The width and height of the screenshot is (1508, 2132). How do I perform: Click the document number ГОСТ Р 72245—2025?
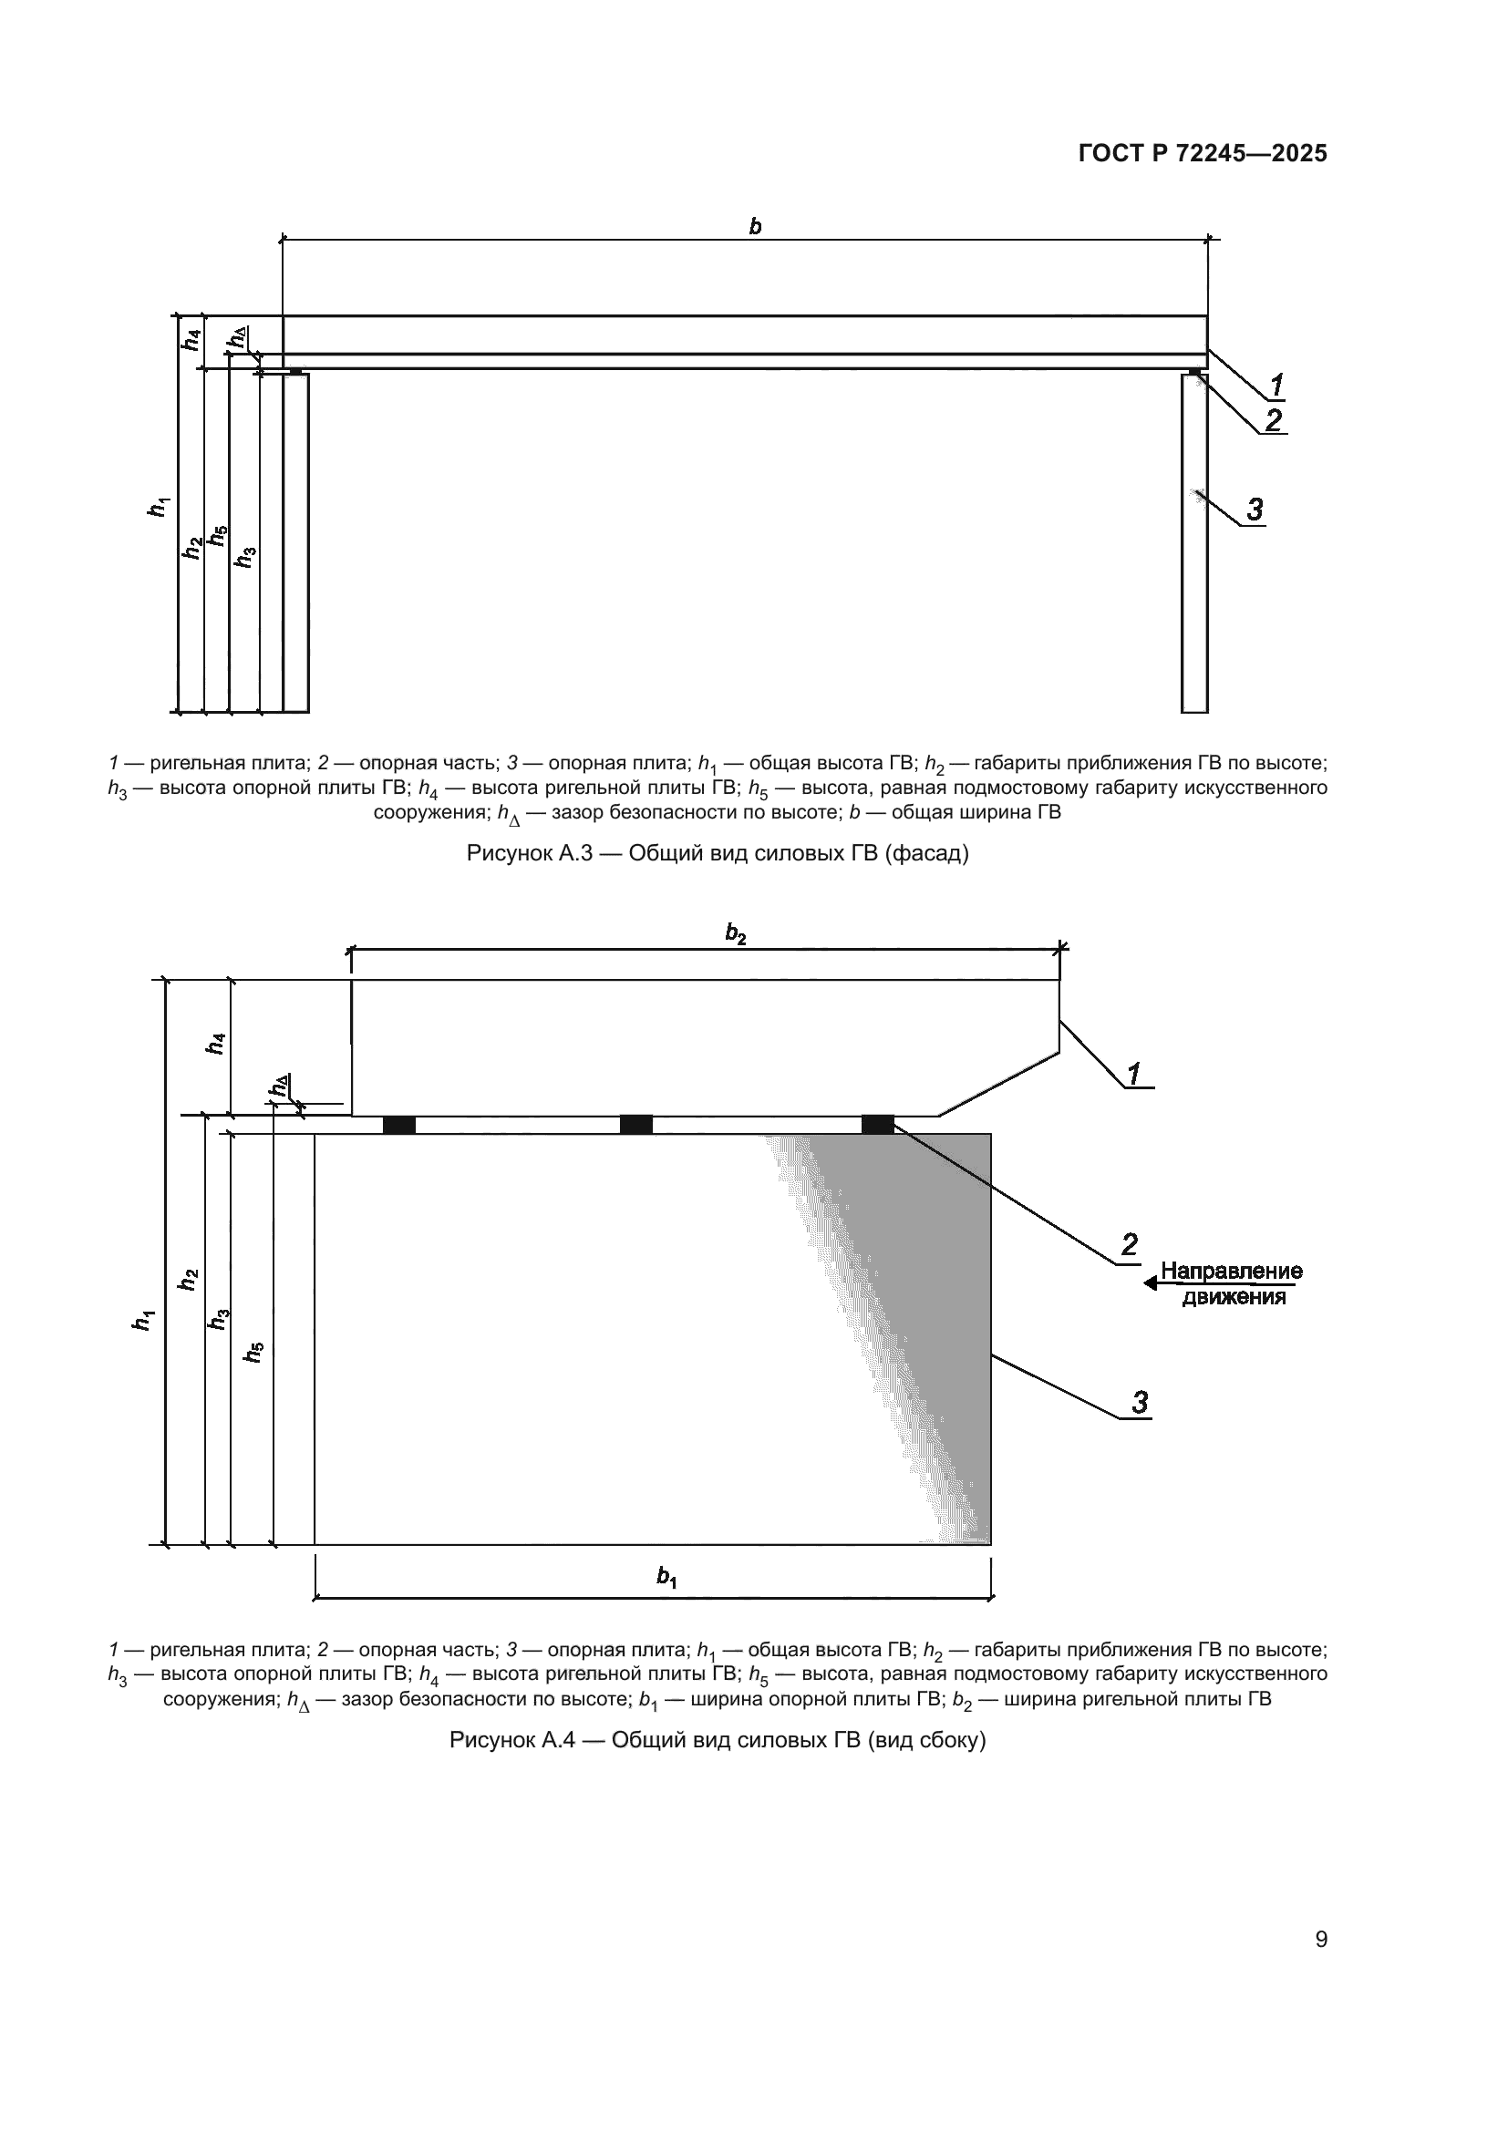coord(1203,153)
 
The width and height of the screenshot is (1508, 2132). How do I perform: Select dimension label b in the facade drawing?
coord(755,226)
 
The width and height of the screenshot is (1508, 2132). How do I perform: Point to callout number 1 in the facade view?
coord(1276,384)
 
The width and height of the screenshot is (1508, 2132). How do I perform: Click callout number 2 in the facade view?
coord(1273,420)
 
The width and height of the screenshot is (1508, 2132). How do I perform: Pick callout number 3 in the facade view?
coord(1255,509)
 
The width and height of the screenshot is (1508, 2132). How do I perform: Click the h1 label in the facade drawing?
coord(160,507)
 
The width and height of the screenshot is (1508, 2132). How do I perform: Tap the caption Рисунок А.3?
coord(717,852)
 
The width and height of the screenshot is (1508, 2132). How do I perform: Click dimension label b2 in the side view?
coord(736,933)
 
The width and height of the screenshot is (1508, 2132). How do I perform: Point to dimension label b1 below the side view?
coord(666,1576)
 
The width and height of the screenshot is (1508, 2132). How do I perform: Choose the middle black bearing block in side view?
coord(636,1125)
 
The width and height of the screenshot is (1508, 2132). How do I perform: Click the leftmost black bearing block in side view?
coord(399,1125)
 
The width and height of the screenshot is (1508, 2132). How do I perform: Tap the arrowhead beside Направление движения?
coord(1151,1283)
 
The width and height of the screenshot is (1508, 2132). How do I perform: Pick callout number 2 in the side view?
coord(1129,1245)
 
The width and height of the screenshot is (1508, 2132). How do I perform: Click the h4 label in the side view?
coord(215,1045)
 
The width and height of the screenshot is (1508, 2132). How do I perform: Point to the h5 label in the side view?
coord(253,1353)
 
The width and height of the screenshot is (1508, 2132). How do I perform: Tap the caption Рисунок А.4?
coord(717,1740)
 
